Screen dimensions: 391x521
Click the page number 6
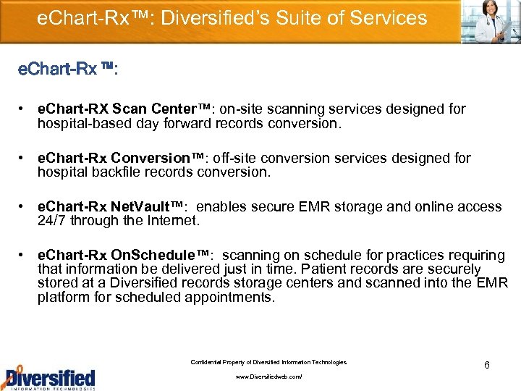point(486,365)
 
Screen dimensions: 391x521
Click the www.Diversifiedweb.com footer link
point(269,377)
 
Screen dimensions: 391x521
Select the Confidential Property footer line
point(268,362)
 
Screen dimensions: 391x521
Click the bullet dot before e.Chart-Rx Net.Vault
point(25,207)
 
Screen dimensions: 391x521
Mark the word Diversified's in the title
point(205,17)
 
